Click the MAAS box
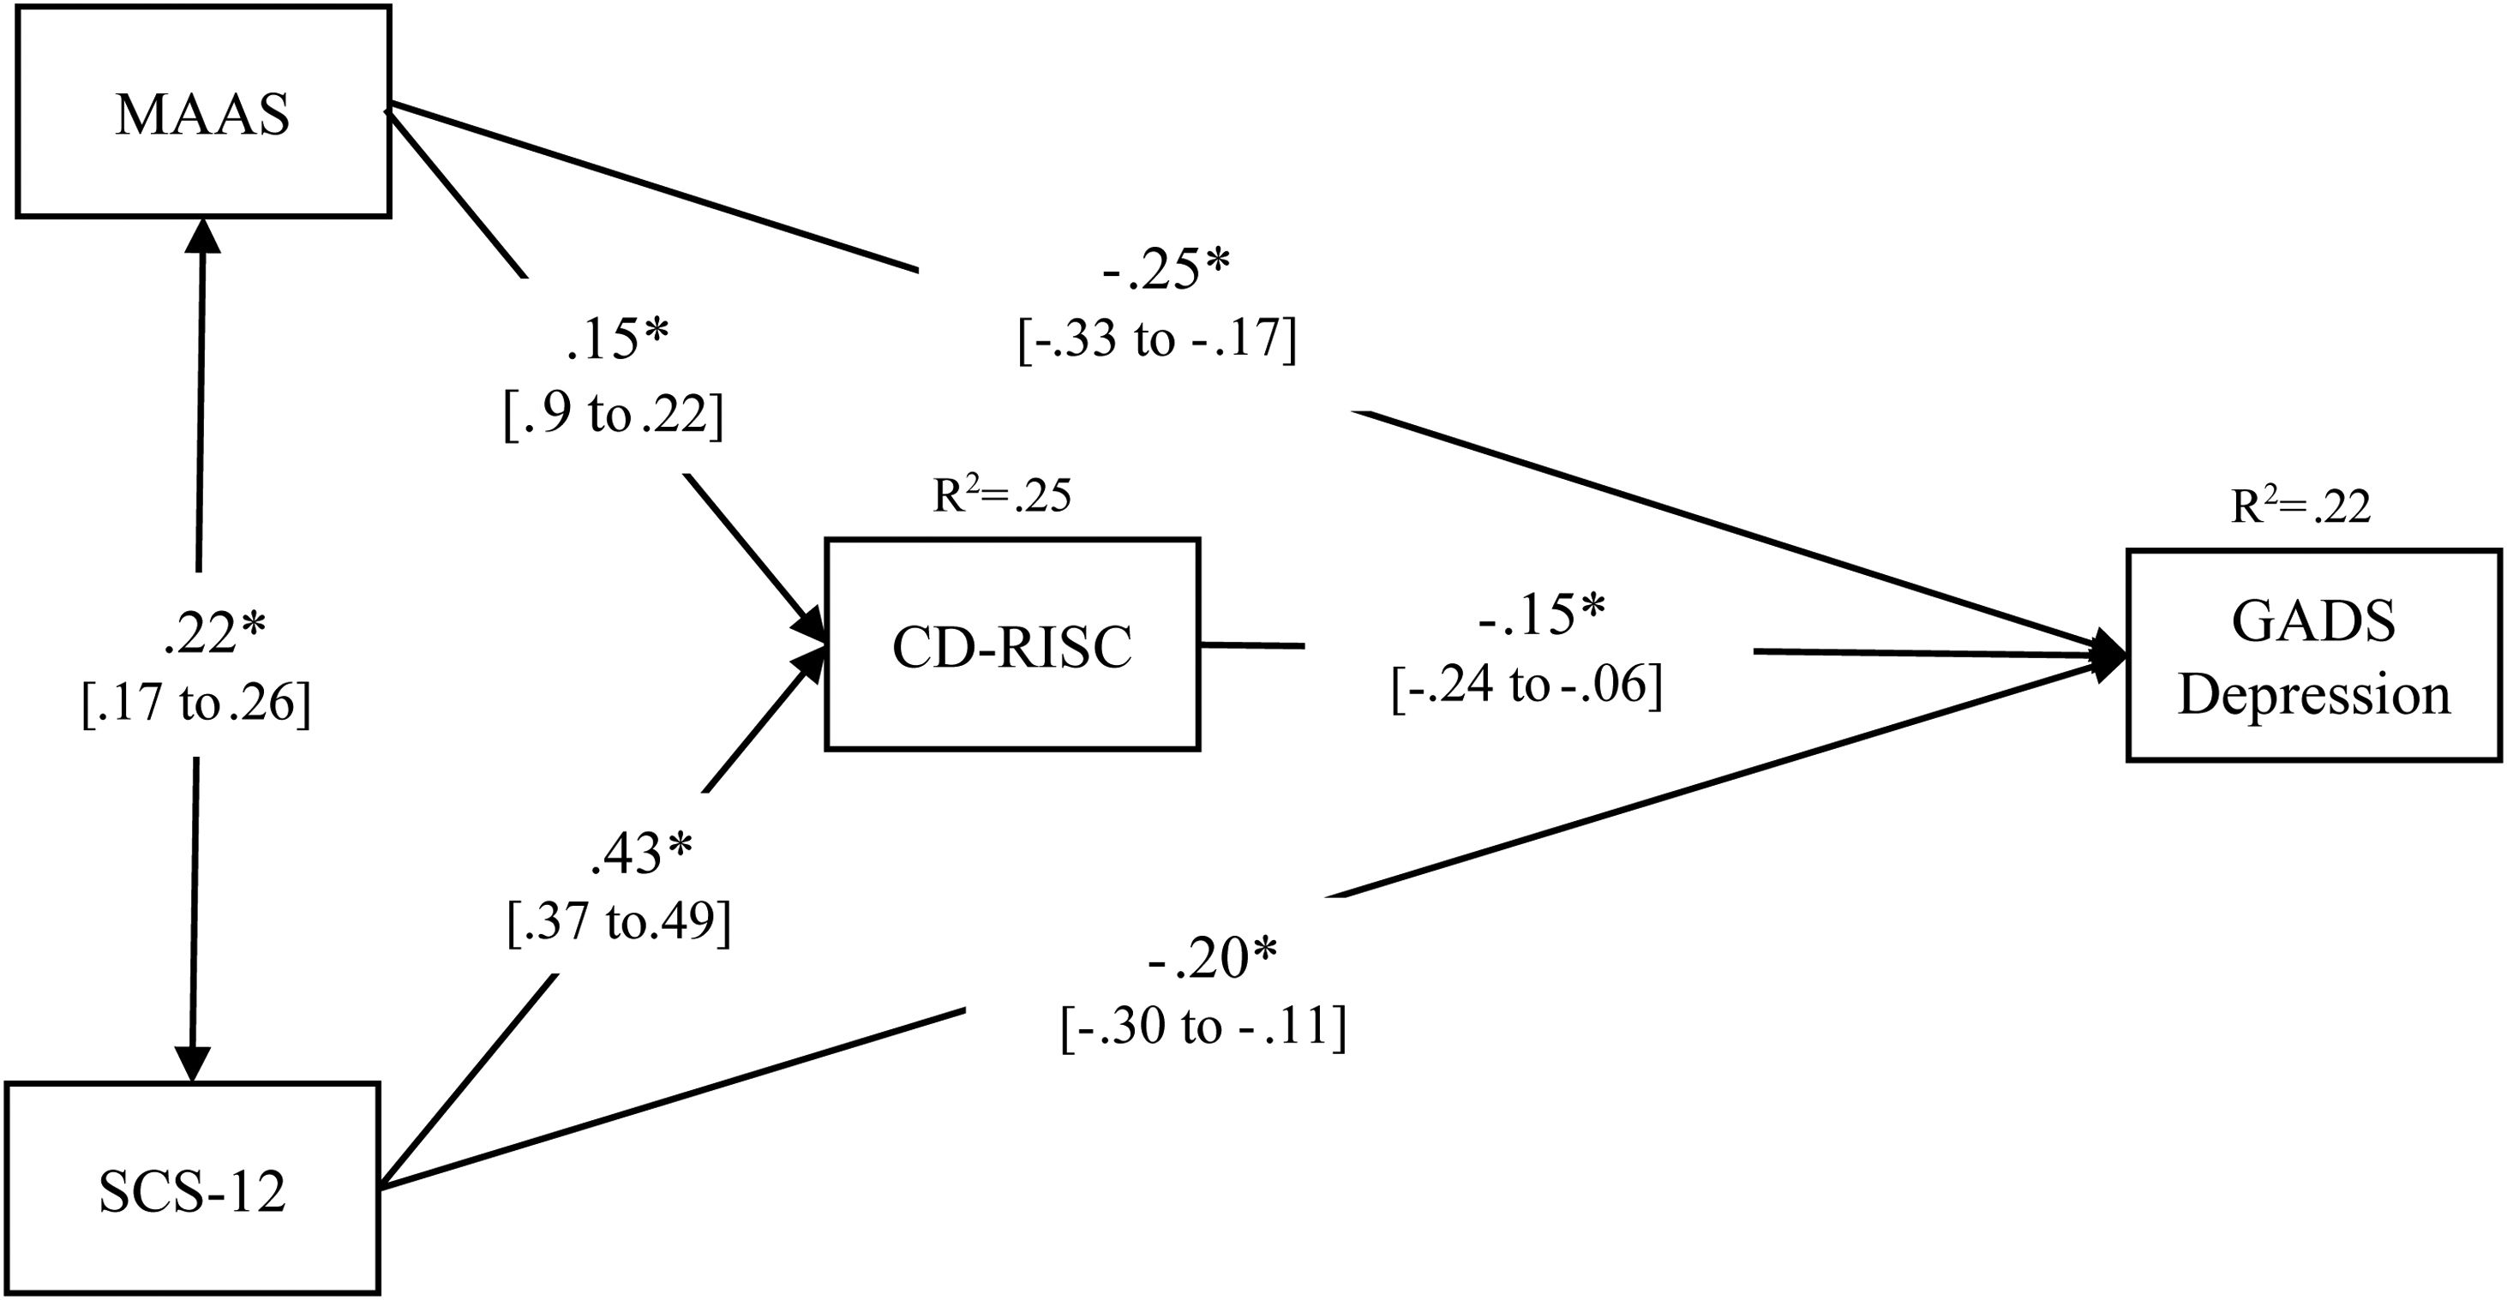(x=202, y=112)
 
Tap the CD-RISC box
(x=1012, y=645)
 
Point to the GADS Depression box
(x=2313, y=656)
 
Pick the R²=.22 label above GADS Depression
(x=2300, y=506)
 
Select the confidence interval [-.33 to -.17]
(x=1157, y=340)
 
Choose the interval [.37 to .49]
(x=619, y=920)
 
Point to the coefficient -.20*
(x=1213, y=958)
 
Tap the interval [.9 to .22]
(x=614, y=416)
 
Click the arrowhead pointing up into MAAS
(x=202, y=234)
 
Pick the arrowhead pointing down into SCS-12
(x=193, y=1063)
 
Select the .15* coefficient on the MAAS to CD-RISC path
(x=617, y=340)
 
